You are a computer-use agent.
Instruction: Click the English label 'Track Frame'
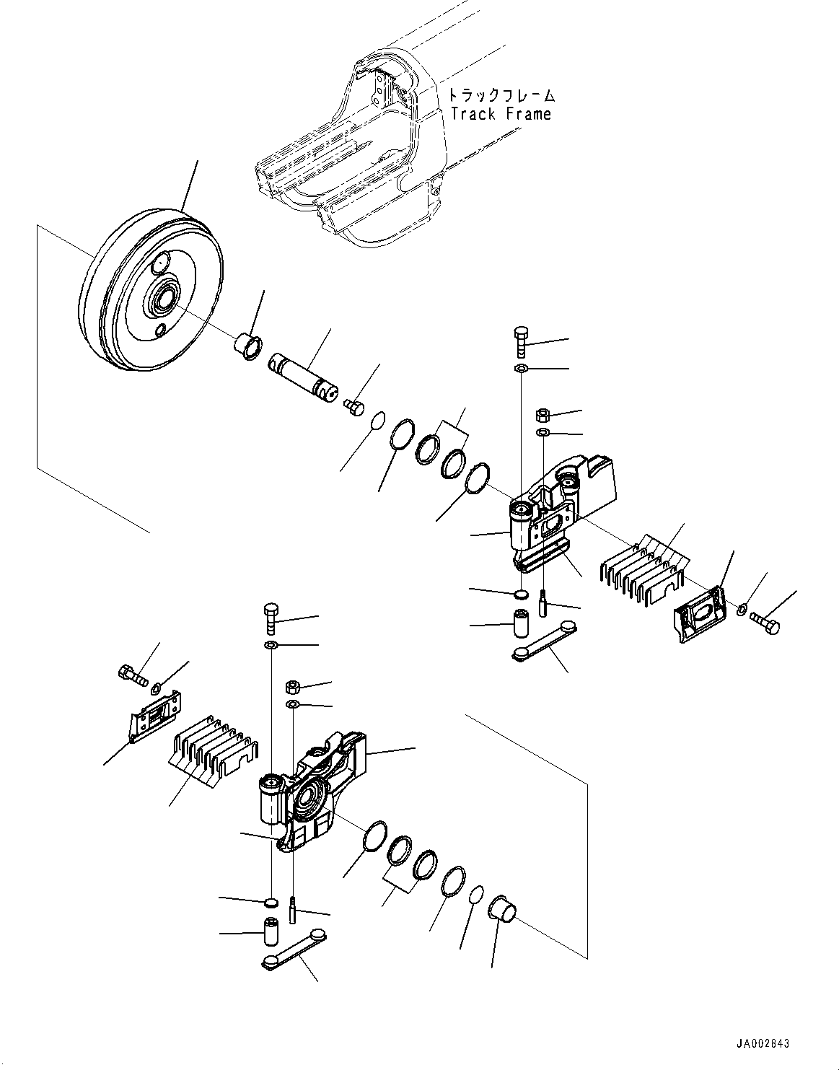500,114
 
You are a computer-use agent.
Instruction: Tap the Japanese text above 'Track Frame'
501,95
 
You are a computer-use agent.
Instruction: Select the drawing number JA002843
763,1043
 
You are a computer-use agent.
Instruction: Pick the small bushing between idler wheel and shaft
248,345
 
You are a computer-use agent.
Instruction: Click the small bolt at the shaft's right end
355,406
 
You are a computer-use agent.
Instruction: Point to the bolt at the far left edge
131,676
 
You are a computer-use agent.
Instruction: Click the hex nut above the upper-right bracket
543,415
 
